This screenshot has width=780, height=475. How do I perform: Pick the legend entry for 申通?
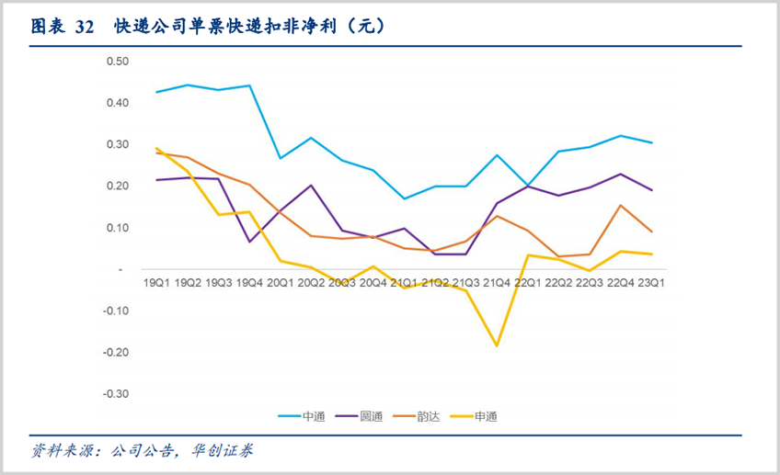pyautogui.click(x=485, y=416)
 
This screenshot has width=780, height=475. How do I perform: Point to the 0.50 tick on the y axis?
pyautogui.click(x=118, y=61)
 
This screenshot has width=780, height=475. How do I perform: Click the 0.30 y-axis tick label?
pyautogui.click(x=118, y=144)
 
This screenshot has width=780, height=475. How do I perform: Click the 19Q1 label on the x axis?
pyautogui.click(x=156, y=283)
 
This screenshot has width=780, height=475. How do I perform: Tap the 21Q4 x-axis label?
pyautogui.click(x=497, y=283)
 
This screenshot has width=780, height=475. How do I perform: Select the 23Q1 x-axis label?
pyautogui.click(x=651, y=283)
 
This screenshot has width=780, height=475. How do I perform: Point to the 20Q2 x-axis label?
pyautogui.click(x=311, y=283)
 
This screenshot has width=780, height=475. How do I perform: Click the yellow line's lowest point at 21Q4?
pyautogui.click(x=497, y=345)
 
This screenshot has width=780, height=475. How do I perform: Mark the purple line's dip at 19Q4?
pyautogui.click(x=249, y=242)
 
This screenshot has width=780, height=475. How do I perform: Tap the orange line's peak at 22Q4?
pyautogui.click(x=621, y=206)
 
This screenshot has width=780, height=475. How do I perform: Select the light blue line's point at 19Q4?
pyautogui.click(x=249, y=85)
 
